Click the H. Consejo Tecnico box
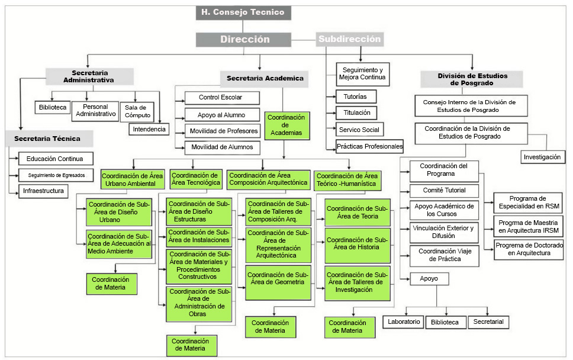[243, 12]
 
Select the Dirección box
[244, 40]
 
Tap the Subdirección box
[349, 39]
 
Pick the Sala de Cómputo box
[137, 111]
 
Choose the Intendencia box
[149, 128]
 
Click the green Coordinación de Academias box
[286, 125]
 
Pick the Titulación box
[356, 112]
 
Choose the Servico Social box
[359, 130]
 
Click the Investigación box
[541, 157]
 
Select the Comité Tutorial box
[443, 191]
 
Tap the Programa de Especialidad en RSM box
[527, 202]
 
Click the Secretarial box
[488, 322]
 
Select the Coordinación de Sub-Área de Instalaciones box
[198, 237]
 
